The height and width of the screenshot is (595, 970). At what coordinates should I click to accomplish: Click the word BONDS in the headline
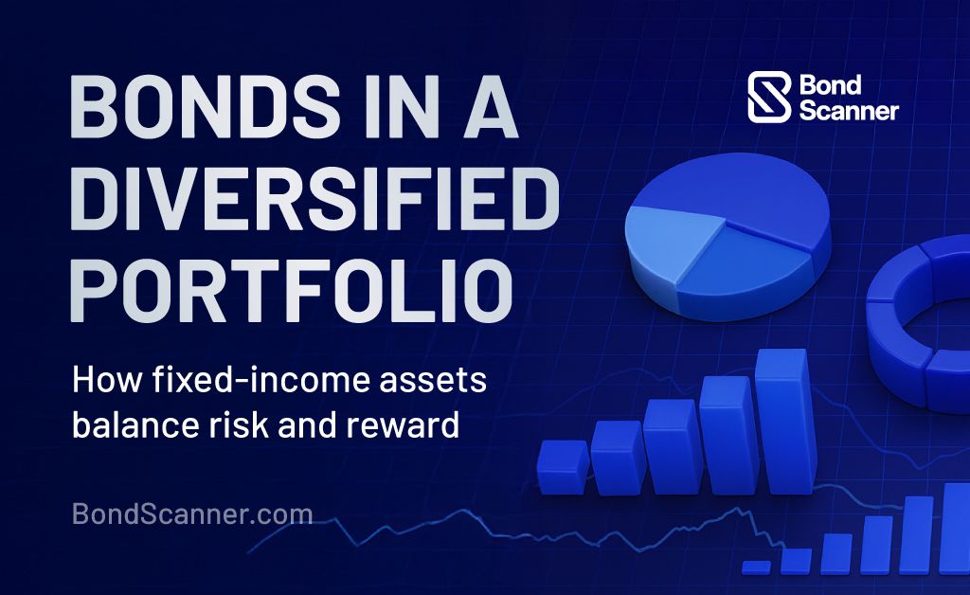coord(205,106)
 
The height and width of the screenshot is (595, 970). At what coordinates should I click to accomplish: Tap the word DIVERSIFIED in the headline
coord(314,199)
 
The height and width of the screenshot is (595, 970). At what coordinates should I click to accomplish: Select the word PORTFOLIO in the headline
coord(292,291)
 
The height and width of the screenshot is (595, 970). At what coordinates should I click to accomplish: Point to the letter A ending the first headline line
coord(491,106)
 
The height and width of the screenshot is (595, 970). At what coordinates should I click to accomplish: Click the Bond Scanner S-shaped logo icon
coord(769,97)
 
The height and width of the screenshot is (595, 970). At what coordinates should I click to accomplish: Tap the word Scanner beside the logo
coord(849,110)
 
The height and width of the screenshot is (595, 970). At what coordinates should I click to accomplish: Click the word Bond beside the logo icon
coord(830,84)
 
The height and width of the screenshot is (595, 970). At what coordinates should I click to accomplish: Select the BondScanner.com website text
coord(192,514)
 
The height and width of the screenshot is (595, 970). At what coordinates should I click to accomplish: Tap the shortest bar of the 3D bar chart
coord(563,467)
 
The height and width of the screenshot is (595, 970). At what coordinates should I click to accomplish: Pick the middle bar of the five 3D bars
coord(674,446)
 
